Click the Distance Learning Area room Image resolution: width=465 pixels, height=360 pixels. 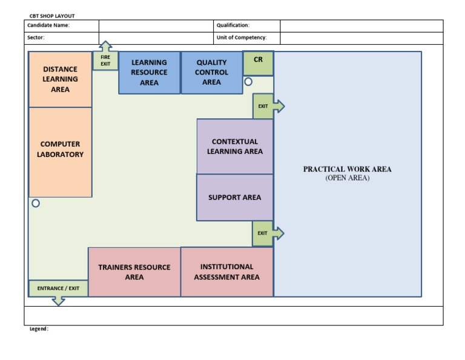point(60,79)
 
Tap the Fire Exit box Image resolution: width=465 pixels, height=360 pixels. point(105,61)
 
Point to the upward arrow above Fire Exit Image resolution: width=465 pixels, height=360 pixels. point(105,46)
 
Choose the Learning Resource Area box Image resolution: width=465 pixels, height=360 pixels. point(149,73)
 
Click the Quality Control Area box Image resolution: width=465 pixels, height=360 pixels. point(211,73)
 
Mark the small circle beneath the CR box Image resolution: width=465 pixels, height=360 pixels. point(248,81)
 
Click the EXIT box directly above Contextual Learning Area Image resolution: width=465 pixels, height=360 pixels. point(263,106)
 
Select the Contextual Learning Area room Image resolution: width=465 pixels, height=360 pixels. point(235,147)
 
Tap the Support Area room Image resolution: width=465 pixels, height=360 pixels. point(235,198)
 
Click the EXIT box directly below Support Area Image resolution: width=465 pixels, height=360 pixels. point(262,233)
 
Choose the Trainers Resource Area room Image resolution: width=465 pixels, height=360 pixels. point(134,272)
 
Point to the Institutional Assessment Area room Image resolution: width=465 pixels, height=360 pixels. point(227,272)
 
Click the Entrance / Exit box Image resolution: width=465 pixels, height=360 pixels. point(58,288)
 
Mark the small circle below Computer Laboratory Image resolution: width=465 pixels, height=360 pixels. point(36,204)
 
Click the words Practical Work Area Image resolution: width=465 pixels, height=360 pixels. point(347,170)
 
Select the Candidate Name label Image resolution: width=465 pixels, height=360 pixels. point(48,25)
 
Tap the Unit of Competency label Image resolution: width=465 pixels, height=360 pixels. point(242,38)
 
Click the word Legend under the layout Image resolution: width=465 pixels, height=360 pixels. point(39,329)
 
